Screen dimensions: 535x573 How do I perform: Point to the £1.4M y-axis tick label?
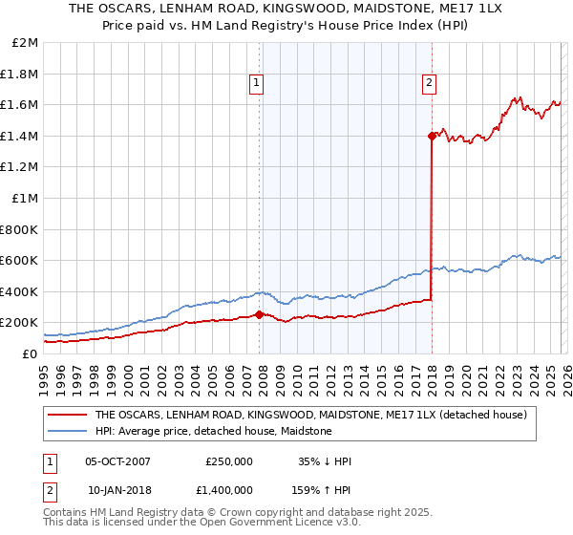[20, 136]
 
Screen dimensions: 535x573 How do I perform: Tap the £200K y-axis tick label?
[20, 322]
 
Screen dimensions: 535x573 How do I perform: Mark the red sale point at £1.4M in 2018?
[432, 136]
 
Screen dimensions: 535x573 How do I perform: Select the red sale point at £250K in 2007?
[259, 314]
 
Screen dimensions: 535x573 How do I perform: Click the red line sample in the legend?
[68, 415]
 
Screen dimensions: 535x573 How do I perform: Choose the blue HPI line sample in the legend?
[68, 431]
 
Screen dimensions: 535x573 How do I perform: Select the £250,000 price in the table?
[229, 461]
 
